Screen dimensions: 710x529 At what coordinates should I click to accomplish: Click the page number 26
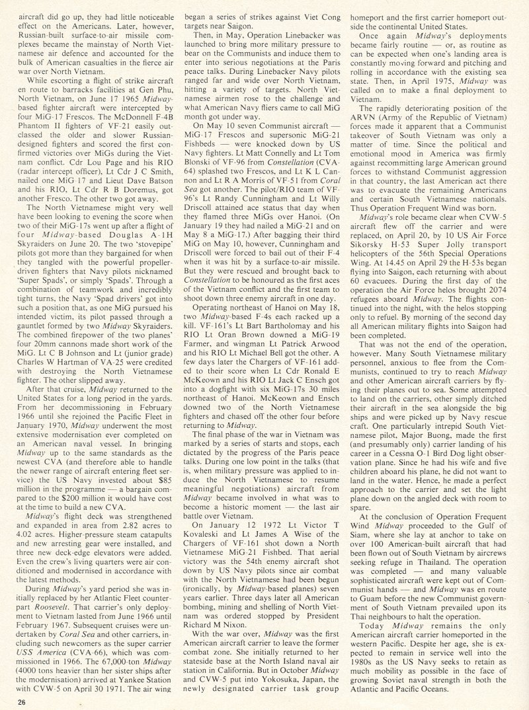click(x=23, y=701)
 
